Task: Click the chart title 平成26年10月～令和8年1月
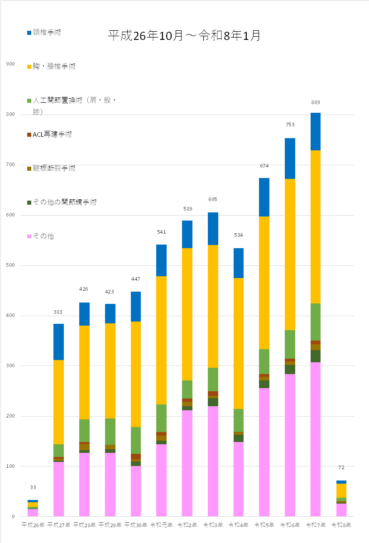[184, 36]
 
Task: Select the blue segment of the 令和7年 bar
[316, 131]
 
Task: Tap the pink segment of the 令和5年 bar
[264, 452]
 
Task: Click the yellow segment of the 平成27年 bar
[58, 402]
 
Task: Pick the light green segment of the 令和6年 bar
[290, 344]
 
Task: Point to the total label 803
[316, 102]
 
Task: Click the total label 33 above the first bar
[33, 487]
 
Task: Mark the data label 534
[238, 235]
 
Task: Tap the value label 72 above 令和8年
[341, 467]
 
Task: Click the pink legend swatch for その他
[29, 236]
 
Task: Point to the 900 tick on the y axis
[10, 64]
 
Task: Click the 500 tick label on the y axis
[10, 265]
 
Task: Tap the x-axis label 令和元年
[161, 525]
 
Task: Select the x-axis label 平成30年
[135, 525]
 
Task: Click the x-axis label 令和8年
[341, 525]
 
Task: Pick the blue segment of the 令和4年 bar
[238, 263]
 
